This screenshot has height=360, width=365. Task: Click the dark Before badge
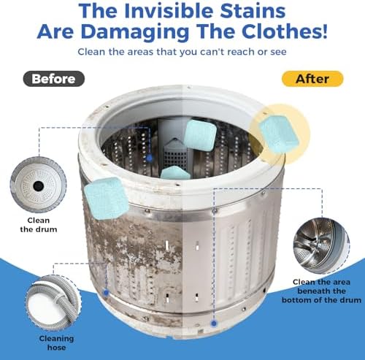pos(54,79)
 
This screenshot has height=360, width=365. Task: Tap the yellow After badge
pos(312,79)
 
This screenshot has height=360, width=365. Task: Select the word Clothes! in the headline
pos(285,31)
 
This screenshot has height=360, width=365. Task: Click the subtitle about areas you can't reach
pos(182,52)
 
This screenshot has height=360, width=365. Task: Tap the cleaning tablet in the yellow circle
pos(279,134)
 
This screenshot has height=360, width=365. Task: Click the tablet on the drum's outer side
pos(107,199)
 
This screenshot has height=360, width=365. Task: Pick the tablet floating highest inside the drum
pos(200,135)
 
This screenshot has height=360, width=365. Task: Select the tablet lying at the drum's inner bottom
pos(175,173)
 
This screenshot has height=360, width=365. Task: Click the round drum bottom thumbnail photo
pos(38,185)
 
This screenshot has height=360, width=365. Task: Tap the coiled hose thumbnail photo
pos(53,302)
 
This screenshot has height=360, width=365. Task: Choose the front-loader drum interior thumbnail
pos(321,246)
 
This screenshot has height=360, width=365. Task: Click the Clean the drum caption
pos(39,225)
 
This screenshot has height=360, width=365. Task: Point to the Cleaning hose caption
pos(56,342)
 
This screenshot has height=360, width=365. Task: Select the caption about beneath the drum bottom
pos(321,291)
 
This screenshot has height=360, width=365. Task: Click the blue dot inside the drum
pos(150,158)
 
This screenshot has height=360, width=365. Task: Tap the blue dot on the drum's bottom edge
pos(214,323)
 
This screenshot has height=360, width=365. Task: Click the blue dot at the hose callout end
pos(106,293)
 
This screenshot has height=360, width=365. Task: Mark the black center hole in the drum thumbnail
pos(39,186)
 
